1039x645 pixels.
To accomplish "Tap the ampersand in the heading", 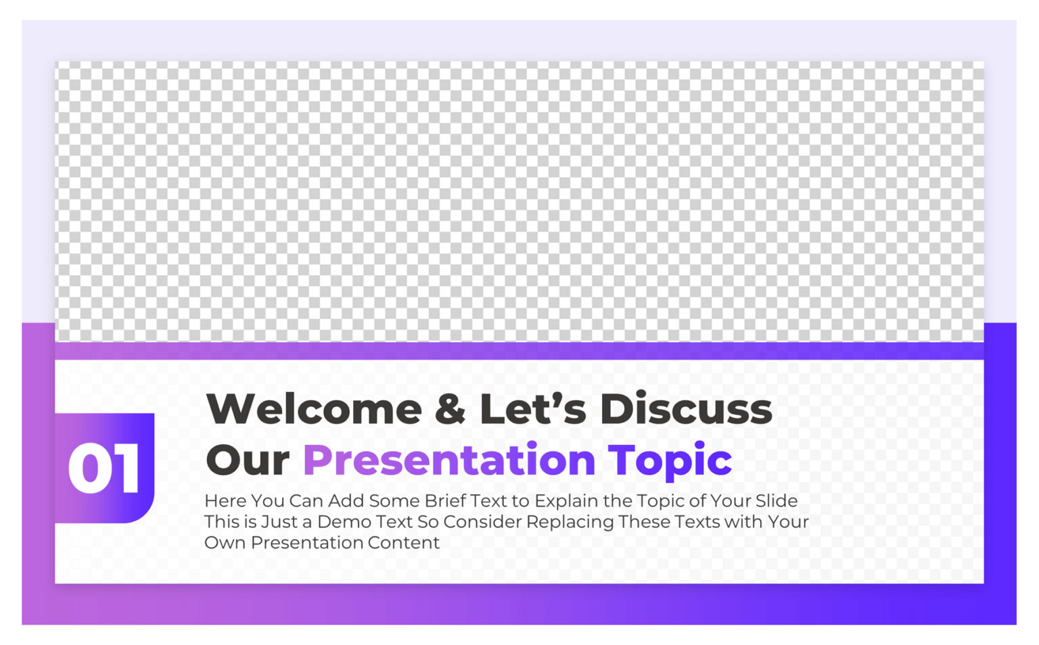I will [450, 409].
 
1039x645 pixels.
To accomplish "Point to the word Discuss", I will [685, 409].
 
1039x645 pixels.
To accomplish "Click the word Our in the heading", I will [248, 460].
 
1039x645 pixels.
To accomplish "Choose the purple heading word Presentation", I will [449, 460].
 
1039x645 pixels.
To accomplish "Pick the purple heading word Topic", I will [670, 460].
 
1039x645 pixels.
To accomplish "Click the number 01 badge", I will [105, 468].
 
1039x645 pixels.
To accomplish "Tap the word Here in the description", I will [225, 501].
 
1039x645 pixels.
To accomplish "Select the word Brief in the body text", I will [446, 501].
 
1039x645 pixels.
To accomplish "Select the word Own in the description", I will [225, 543].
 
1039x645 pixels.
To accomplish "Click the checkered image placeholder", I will [519, 201].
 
